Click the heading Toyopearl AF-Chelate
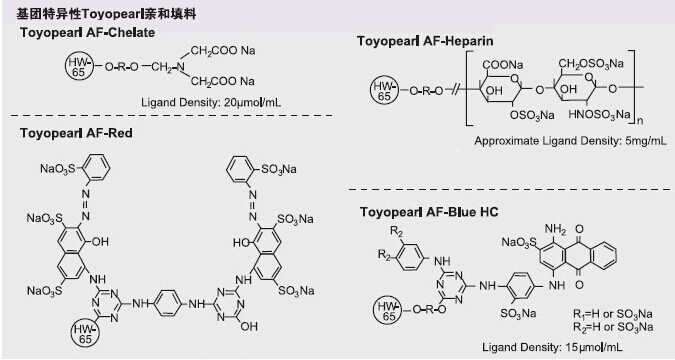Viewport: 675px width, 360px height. (x=87, y=33)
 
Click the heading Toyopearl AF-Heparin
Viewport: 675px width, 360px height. (x=425, y=41)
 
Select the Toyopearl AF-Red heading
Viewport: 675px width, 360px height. (x=76, y=133)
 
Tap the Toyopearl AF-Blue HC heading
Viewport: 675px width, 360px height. (x=429, y=212)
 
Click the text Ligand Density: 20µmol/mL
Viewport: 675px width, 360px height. (x=211, y=103)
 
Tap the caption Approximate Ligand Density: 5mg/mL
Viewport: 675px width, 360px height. (x=570, y=141)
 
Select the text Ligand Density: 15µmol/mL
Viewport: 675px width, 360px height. (x=552, y=347)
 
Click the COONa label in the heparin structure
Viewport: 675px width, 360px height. (x=503, y=65)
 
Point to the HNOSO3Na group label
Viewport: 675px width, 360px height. (x=599, y=115)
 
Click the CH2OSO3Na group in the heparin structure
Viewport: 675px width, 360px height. (x=591, y=64)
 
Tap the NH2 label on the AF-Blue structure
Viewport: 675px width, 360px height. (x=555, y=230)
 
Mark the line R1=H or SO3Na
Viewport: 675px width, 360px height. (x=613, y=314)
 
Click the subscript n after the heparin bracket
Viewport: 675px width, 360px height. (x=640, y=121)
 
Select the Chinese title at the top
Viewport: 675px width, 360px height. (x=106, y=14)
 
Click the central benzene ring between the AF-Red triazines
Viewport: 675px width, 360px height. (x=168, y=303)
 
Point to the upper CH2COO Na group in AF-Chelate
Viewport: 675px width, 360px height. (x=223, y=51)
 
